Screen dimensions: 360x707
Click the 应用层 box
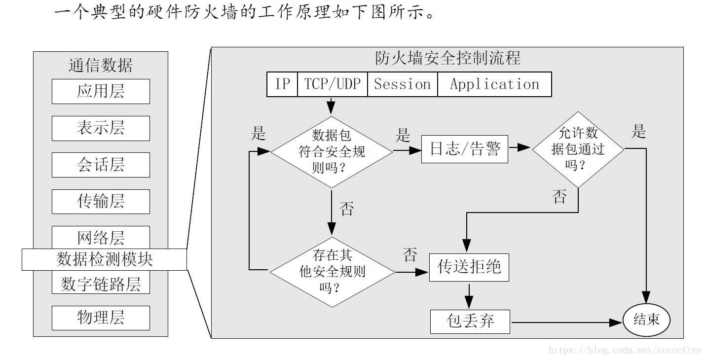point(101,91)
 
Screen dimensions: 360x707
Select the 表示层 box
point(101,128)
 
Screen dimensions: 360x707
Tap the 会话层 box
point(101,165)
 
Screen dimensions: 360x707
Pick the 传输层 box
point(101,201)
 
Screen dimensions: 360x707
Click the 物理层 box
point(101,318)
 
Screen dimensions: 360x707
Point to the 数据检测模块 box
point(104,259)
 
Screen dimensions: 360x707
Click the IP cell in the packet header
point(282,84)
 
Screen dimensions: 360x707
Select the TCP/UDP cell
point(332,84)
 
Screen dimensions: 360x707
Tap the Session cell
point(402,84)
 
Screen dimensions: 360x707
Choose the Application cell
point(494,84)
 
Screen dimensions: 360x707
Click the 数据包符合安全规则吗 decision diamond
point(332,151)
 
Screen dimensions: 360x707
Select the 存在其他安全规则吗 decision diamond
point(332,271)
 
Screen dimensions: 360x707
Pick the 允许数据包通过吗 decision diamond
point(578,147)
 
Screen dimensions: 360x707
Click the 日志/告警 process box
point(465,148)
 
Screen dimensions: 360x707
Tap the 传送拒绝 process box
point(469,267)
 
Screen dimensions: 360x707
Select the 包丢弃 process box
point(470,322)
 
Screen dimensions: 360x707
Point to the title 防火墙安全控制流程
point(447,58)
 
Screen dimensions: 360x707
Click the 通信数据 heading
point(101,65)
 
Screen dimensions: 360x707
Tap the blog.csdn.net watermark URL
point(625,350)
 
